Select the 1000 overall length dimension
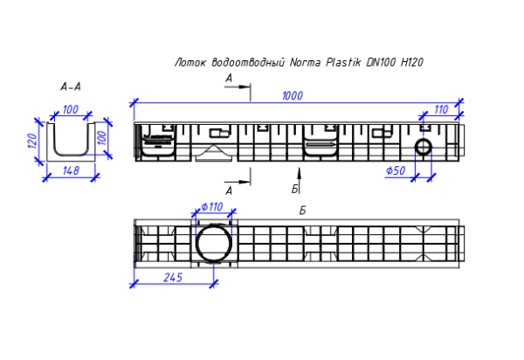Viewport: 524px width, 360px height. click(293, 96)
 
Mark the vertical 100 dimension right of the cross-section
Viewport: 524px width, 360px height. click(101, 138)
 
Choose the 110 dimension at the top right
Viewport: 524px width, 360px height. click(440, 109)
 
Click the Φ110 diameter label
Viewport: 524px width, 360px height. click(212, 207)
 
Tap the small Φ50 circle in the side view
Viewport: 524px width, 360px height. click(423, 146)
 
